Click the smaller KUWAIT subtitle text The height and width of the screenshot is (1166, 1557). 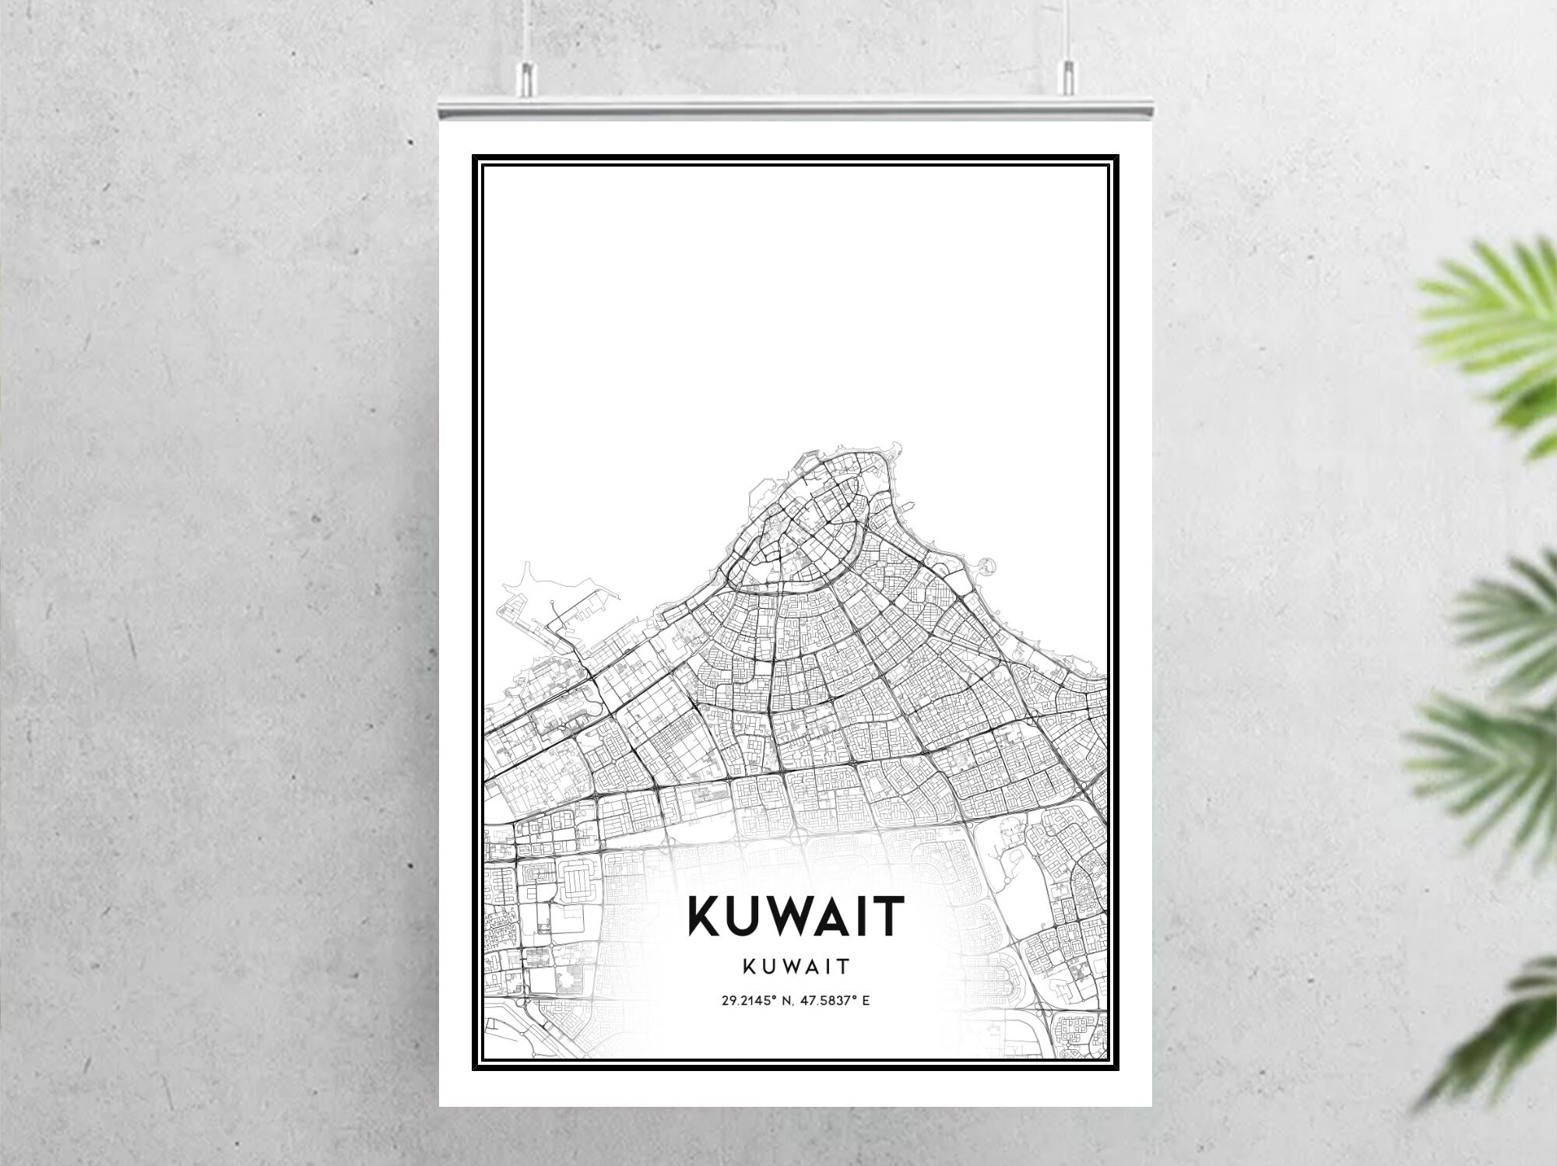tap(796, 966)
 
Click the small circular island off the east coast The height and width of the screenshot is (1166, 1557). tap(989, 564)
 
